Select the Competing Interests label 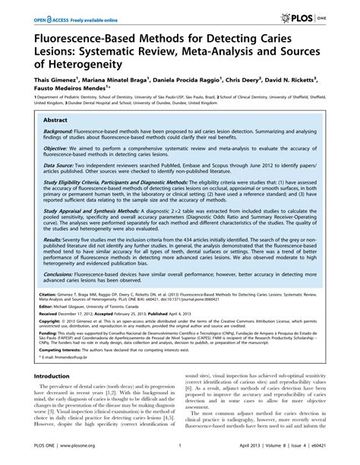tap(52, 391)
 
